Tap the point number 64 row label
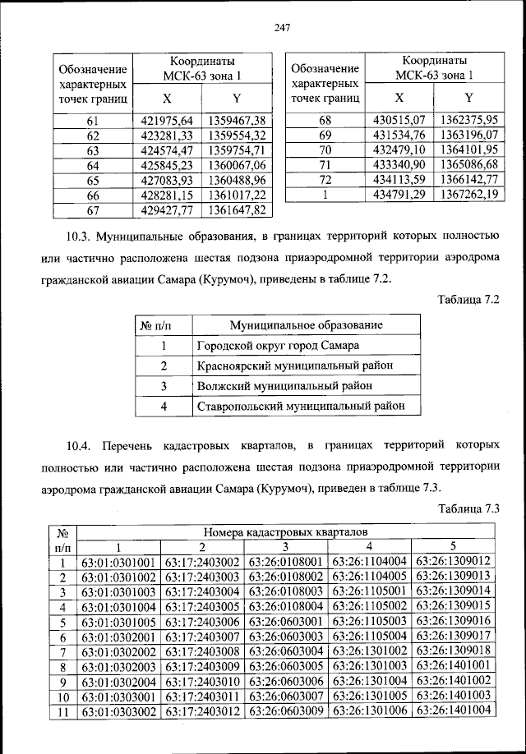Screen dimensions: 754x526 [x=92, y=165]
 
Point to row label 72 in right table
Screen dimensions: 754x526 [x=325, y=180]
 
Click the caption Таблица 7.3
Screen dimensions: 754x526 [x=468, y=508]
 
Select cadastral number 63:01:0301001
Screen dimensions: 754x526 [x=118, y=563]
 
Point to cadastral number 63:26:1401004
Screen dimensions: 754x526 [x=454, y=710]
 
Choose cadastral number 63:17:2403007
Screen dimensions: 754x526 [x=202, y=637]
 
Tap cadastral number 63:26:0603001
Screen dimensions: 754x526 [x=286, y=622]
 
